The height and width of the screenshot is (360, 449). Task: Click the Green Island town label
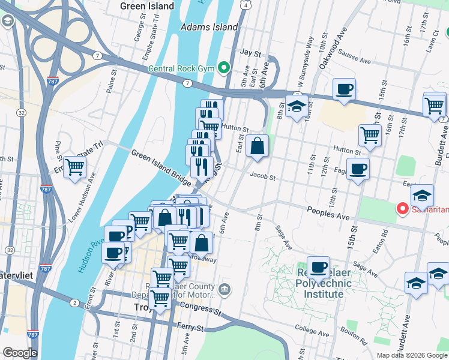[147, 6]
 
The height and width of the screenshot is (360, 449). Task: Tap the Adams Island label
[209, 27]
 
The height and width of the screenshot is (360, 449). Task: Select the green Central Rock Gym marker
[224, 68]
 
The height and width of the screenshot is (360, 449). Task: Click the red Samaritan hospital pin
[402, 209]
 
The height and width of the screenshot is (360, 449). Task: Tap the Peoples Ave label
[328, 213]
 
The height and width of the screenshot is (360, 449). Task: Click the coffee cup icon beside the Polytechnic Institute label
[318, 267]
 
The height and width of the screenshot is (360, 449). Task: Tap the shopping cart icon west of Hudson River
[75, 167]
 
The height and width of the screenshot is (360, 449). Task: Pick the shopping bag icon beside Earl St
[257, 146]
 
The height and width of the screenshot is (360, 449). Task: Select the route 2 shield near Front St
[74, 302]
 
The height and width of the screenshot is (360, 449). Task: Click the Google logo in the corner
[20, 353]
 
